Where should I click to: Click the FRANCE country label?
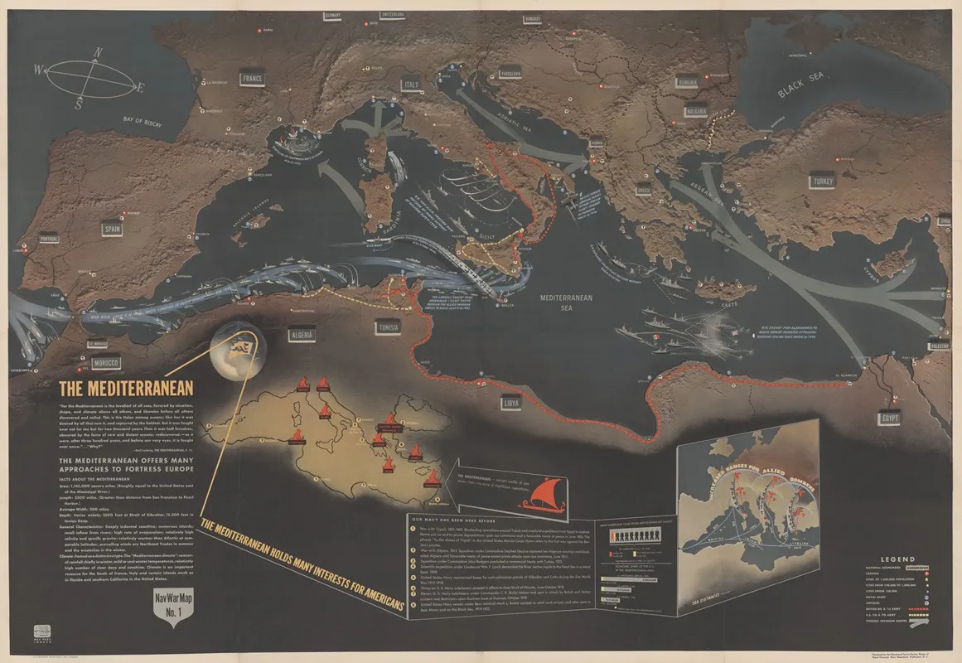pos(251,79)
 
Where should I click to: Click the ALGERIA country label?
pos(298,335)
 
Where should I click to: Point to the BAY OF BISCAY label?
pos(140,122)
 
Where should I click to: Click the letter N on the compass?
pos(97,53)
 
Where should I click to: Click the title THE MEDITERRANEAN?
pos(125,388)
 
